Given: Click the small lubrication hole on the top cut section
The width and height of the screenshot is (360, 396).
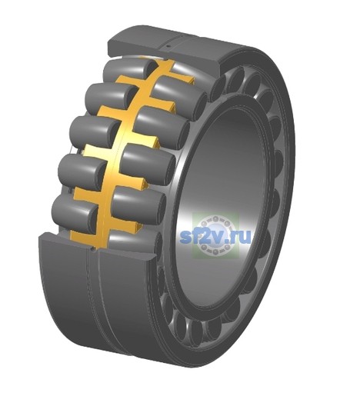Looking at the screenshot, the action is coord(168,47).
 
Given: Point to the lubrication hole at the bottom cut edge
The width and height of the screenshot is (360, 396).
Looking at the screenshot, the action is coord(94,248).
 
